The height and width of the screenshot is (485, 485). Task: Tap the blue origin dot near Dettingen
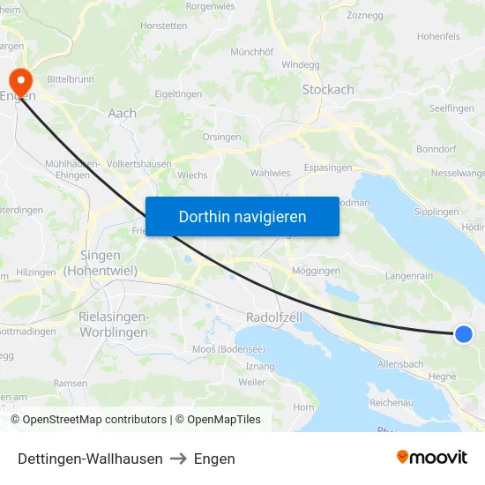464,333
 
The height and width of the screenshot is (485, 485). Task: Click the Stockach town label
328,89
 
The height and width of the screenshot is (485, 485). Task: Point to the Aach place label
122,113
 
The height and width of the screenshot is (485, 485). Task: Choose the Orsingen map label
221,137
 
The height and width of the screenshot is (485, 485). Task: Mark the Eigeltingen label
178,93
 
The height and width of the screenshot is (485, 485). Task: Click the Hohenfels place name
438,37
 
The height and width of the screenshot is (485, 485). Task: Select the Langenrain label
409,276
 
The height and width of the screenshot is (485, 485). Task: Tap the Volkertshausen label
138,163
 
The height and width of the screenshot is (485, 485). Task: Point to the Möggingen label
315,270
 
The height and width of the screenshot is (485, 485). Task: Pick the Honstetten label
163,26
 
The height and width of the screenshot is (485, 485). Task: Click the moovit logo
432,457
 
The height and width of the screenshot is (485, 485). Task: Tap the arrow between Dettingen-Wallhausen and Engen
178,459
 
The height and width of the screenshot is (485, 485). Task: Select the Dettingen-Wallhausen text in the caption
90,459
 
